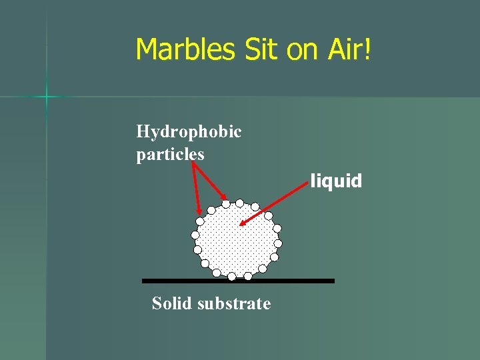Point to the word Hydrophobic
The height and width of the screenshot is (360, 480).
(x=189, y=131)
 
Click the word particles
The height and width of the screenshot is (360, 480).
(x=170, y=154)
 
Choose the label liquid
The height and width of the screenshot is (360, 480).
(x=336, y=181)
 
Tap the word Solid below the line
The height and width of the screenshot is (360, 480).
(x=171, y=303)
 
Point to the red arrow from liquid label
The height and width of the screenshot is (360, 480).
(x=273, y=200)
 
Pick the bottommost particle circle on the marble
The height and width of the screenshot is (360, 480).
(x=232, y=276)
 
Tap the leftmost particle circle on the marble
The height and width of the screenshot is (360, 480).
(x=195, y=235)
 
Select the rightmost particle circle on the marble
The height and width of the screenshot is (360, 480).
(x=278, y=244)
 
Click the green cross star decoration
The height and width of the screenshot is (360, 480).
(x=47, y=97)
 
